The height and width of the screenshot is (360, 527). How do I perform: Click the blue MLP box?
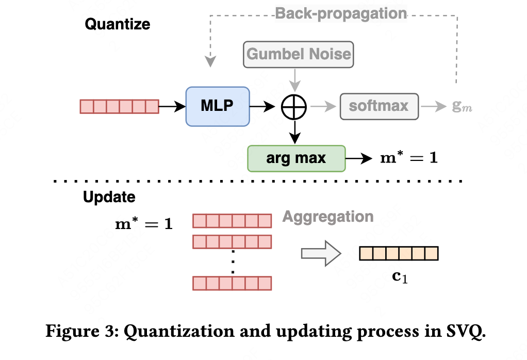click(217, 106)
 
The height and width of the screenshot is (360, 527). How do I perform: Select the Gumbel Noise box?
click(299, 54)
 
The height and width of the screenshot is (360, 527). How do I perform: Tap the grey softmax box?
click(378, 107)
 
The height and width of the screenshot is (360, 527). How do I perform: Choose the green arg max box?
click(296, 158)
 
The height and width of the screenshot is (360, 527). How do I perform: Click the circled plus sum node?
click(294, 107)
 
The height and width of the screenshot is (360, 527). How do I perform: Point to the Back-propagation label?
click(341, 13)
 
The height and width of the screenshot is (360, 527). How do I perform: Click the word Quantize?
click(117, 24)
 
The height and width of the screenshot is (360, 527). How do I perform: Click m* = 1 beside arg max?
click(408, 158)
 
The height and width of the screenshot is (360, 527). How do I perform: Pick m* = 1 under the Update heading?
click(143, 225)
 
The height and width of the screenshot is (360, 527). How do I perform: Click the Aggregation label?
click(327, 217)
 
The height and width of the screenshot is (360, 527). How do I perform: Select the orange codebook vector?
click(398, 253)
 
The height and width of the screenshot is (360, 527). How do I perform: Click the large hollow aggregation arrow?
click(321, 253)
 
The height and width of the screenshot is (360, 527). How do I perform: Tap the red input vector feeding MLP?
click(119, 107)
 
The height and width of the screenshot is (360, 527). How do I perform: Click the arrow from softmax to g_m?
click(432, 107)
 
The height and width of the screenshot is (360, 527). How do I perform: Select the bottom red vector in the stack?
click(232, 283)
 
